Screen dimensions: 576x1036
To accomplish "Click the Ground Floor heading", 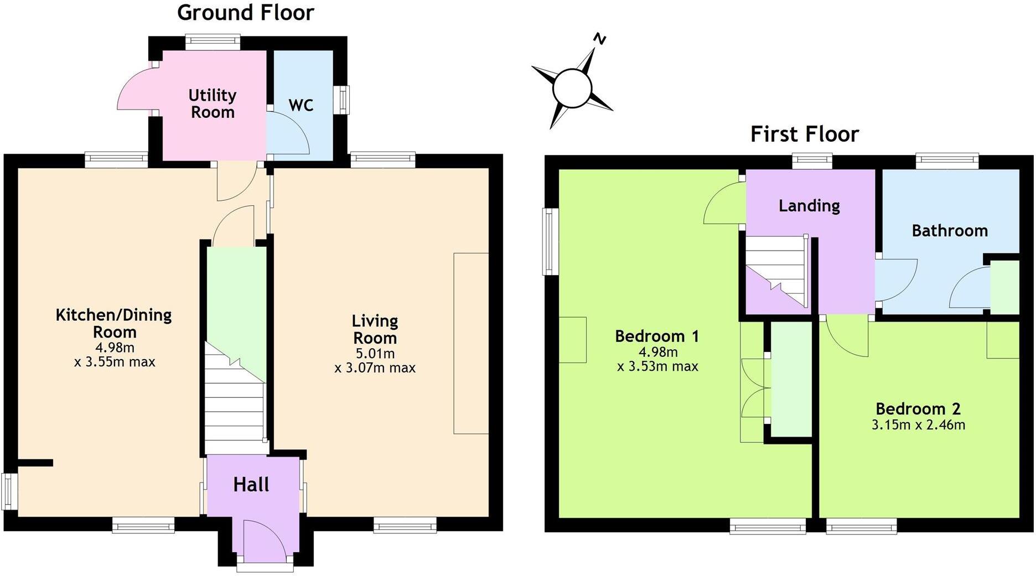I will click(245, 12).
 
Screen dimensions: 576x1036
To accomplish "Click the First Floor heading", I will click(804, 134).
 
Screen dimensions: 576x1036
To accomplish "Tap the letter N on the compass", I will click(599, 39).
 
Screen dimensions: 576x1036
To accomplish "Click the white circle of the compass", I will click(572, 88).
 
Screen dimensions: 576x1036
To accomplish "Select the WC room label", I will click(301, 105).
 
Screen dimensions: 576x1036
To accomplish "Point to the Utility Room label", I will click(212, 103).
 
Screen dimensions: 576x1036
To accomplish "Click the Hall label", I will click(251, 485).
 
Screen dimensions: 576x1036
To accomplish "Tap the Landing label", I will click(809, 206).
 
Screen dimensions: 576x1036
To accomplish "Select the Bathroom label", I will click(949, 230).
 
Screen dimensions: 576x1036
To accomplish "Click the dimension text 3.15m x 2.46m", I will click(918, 425).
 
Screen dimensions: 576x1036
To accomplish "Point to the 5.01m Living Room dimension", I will click(375, 353).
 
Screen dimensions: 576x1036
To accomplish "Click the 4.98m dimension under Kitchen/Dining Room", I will click(115, 347).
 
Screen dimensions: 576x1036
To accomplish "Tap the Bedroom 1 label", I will click(656, 336).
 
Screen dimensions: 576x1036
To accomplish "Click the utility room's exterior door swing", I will click(134, 91).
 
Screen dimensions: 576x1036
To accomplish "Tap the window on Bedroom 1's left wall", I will click(550, 241).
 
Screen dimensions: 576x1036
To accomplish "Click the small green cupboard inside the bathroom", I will click(1004, 287).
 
